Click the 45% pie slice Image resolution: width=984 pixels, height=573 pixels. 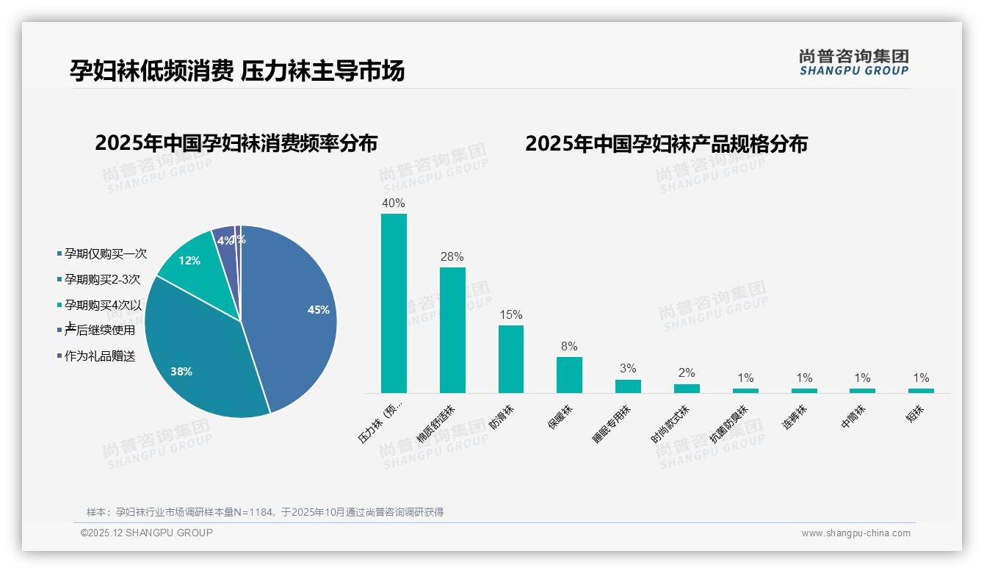click(x=294, y=316)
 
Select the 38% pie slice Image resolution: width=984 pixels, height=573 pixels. click(x=198, y=353)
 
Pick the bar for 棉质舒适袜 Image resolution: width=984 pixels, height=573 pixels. click(x=452, y=330)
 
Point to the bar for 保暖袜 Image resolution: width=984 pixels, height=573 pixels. click(x=569, y=375)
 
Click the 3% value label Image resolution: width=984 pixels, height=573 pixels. click(x=628, y=369)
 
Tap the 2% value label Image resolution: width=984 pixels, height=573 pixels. click(x=687, y=373)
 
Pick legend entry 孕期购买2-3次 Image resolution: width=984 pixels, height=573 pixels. click(x=102, y=279)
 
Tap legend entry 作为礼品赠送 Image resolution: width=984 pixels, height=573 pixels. click(x=100, y=356)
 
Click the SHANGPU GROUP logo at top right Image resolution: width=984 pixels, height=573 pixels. click(x=854, y=62)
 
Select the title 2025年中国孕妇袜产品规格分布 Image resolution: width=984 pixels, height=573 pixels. click(x=666, y=144)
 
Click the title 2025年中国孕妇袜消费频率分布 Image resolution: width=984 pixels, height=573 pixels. click(x=236, y=143)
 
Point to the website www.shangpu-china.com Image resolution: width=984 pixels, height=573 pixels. click(x=855, y=533)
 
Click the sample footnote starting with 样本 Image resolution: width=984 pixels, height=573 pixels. click(x=265, y=512)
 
